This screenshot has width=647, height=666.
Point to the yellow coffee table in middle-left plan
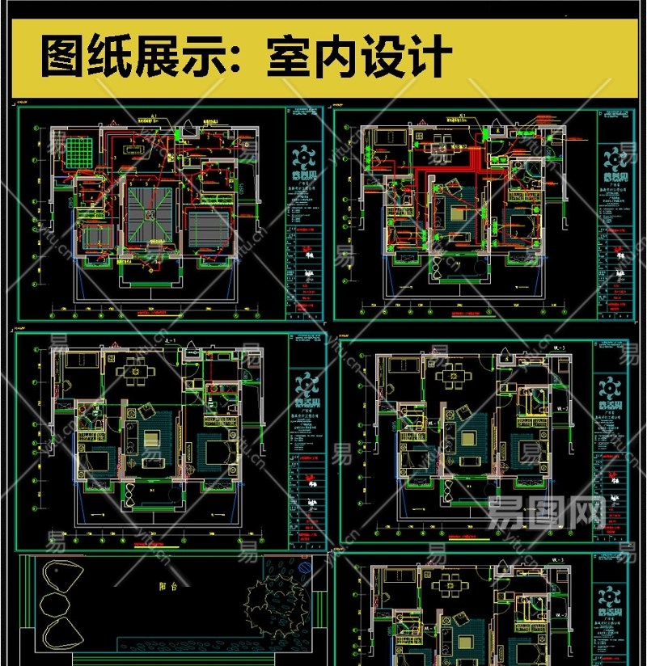(x=151, y=440)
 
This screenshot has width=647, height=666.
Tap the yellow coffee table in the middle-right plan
(x=467, y=441)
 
